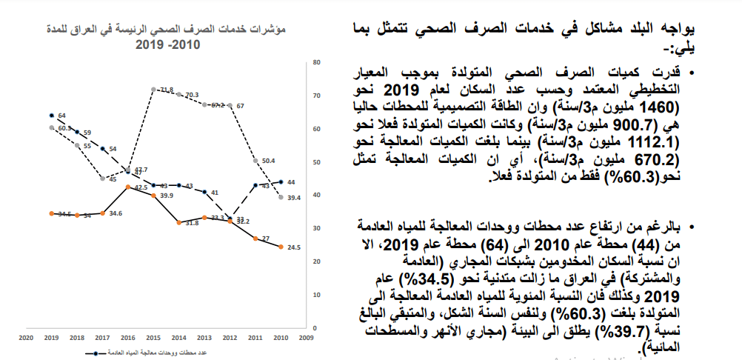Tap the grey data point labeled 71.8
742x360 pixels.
[x=152, y=90]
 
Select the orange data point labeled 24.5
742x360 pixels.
[x=281, y=247]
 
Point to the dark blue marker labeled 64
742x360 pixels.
[x=51, y=116]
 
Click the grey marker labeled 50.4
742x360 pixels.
[x=255, y=161]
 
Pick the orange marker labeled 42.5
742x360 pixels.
[x=128, y=187]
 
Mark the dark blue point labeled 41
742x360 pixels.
[x=204, y=192]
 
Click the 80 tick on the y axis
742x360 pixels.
[x=316, y=62]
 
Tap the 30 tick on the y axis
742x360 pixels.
[x=316, y=228]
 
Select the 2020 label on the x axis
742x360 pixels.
[x=26, y=336]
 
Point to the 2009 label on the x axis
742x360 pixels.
[x=306, y=336]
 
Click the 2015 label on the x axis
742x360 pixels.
[x=153, y=336]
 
